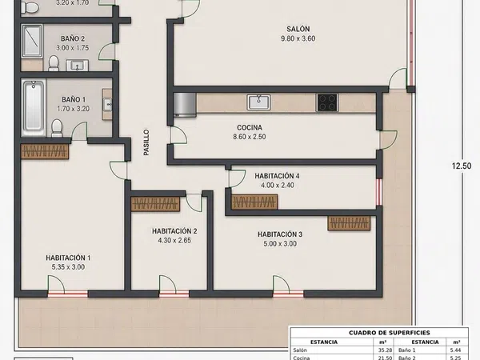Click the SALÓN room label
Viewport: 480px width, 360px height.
[298, 29]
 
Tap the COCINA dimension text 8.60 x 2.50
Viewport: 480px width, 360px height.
[250, 137]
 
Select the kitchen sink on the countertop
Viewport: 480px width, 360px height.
[259, 102]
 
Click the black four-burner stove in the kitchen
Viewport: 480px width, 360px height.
[327, 102]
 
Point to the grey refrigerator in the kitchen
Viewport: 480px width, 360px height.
[185, 105]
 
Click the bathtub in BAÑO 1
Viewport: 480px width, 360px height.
[34, 107]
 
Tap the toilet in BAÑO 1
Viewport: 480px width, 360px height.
[57, 128]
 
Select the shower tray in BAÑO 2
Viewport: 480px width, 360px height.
[32, 41]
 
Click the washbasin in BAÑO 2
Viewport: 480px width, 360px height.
[77, 66]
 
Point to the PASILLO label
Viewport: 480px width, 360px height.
[146, 142]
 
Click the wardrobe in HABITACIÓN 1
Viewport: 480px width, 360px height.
[45, 151]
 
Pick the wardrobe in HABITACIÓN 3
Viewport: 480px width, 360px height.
[349, 223]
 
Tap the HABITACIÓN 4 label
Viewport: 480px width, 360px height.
[277, 176]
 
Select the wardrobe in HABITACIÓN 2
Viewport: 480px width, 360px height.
[155, 204]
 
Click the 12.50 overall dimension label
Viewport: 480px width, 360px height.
[462, 166]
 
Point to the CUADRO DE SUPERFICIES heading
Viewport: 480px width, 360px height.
[390, 333]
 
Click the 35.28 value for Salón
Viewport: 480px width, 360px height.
[385, 350]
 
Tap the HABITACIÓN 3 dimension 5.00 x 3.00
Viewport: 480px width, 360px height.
[280, 244]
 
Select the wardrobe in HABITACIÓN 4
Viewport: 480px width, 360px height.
[254, 202]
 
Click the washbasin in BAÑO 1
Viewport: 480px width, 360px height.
[107, 104]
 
